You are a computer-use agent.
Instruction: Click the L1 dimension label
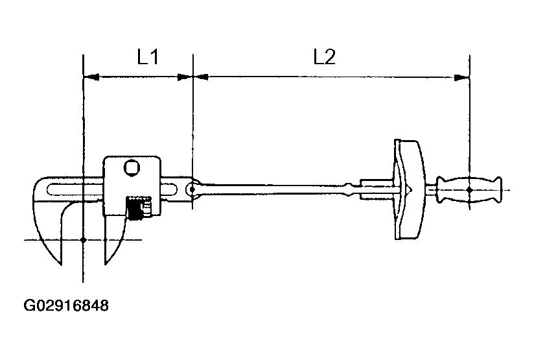click(148, 58)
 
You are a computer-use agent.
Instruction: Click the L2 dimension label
click(324, 58)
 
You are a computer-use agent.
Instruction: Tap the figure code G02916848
click(66, 305)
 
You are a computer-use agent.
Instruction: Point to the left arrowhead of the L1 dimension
click(91, 77)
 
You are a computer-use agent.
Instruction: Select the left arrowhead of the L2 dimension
click(201, 77)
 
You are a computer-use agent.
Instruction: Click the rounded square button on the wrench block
click(133, 168)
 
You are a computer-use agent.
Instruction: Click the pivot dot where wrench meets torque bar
click(192, 189)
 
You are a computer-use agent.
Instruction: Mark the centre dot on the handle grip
click(469, 189)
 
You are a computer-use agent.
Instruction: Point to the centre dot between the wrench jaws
click(84, 240)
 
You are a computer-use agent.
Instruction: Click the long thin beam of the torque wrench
click(279, 189)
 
